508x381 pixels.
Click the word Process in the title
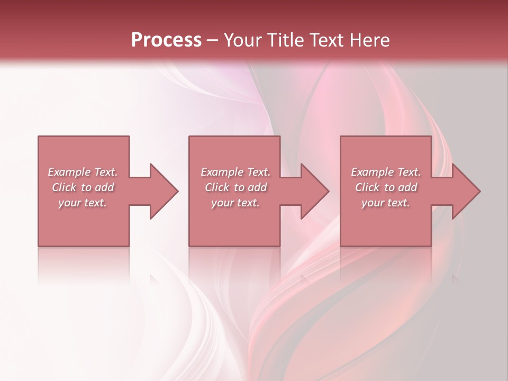coord(166,40)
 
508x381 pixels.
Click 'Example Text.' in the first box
coord(83,172)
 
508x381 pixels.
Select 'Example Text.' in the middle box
coord(235,172)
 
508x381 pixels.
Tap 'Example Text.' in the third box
coord(386,172)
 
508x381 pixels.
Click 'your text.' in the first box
coord(83,203)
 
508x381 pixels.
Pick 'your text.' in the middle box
coord(235,203)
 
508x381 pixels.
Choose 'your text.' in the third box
coord(386,203)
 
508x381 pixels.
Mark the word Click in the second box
coord(217,187)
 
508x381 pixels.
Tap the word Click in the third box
coord(368,187)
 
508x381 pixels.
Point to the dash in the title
coord(213,41)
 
